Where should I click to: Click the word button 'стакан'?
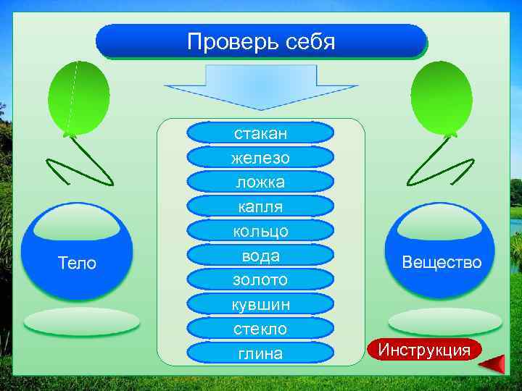tap(261, 133)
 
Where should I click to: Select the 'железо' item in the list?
tap(261, 158)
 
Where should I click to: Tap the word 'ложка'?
tap(261, 182)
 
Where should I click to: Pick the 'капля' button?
tap(261, 207)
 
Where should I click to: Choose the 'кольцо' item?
tap(261, 231)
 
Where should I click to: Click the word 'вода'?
tap(261, 256)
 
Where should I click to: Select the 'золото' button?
tap(261, 279)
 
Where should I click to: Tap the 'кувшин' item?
tap(261, 304)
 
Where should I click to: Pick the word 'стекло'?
tap(261, 329)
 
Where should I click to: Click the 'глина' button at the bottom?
tap(261, 353)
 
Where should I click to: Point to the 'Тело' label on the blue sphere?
tap(77, 263)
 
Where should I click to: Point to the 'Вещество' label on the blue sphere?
tap(442, 262)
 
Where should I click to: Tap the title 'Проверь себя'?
tap(261, 41)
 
